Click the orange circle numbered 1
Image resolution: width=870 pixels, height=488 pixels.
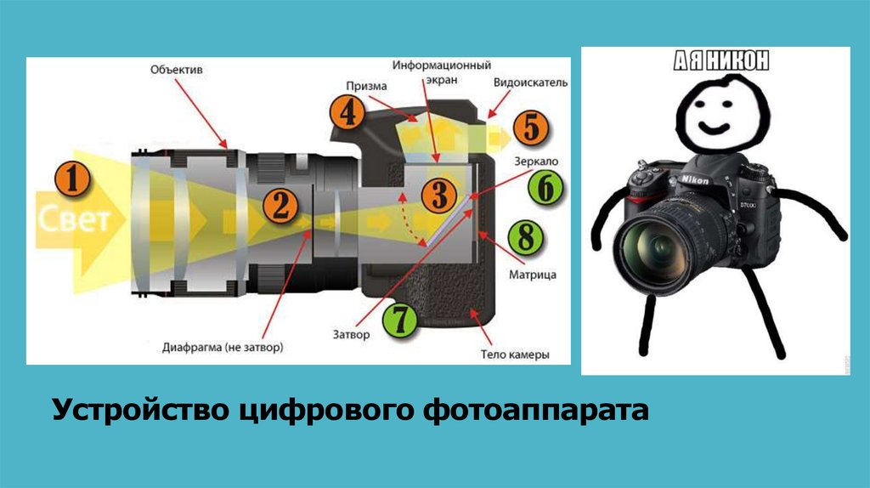(72, 179)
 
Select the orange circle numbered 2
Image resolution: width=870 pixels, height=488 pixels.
(280, 206)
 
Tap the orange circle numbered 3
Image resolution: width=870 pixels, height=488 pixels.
(438, 195)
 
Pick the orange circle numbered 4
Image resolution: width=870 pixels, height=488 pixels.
(347, 113)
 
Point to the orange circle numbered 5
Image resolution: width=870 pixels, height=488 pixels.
(531, 128)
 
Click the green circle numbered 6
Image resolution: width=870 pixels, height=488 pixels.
(545, 188)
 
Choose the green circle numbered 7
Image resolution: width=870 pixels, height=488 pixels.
(399, 320)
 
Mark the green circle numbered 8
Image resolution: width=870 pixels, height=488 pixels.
(525, 237)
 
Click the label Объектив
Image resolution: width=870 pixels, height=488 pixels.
(177, 70)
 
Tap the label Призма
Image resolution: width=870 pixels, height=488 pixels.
(366, 86)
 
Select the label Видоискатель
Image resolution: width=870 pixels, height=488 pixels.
(530, 82)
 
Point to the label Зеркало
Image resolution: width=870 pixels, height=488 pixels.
(536, 162)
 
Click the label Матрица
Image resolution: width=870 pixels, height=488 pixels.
(533, 275)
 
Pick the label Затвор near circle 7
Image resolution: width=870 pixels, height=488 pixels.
(351, 335)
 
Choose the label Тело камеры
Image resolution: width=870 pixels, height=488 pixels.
(515, 355)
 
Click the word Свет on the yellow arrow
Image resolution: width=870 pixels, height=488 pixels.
(75, 219)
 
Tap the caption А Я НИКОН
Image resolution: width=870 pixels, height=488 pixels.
(721, 60)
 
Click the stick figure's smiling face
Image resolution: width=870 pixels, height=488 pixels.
(721, 115)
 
